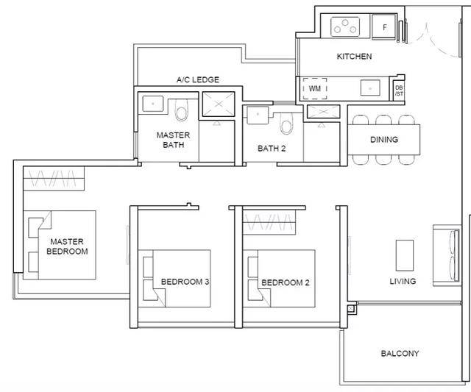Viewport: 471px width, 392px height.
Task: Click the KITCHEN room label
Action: (354, 57)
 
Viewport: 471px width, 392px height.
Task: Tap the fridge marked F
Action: (385, 26)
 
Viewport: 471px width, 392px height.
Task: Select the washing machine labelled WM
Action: (314, 89)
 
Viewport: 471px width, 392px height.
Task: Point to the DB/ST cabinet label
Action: (399, 90)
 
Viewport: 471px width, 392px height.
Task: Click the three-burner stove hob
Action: (345, 26)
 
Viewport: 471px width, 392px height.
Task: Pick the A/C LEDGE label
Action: (198, 80)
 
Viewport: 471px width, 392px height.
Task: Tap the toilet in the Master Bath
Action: (182, 110)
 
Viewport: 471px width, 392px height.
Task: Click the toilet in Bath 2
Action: (286, 124)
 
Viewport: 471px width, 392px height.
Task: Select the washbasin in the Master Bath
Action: (153, 104)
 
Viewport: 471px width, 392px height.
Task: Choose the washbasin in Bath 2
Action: (258, 115)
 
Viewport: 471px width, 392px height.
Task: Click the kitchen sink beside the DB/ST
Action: (370, 88)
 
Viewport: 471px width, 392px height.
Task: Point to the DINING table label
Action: (384, 140)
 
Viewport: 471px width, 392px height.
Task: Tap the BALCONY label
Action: (400, 354)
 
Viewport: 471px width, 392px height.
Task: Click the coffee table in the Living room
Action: (405, 255)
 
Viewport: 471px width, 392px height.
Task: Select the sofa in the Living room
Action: (447, 255)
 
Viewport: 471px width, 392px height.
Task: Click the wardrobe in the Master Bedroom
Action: (54, 178)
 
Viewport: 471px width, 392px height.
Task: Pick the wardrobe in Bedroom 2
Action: (269, 222)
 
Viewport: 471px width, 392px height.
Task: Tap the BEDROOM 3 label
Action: (185, 282)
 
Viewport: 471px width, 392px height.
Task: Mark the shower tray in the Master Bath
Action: (219, 104)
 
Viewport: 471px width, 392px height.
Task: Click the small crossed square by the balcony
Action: (351, 309)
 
